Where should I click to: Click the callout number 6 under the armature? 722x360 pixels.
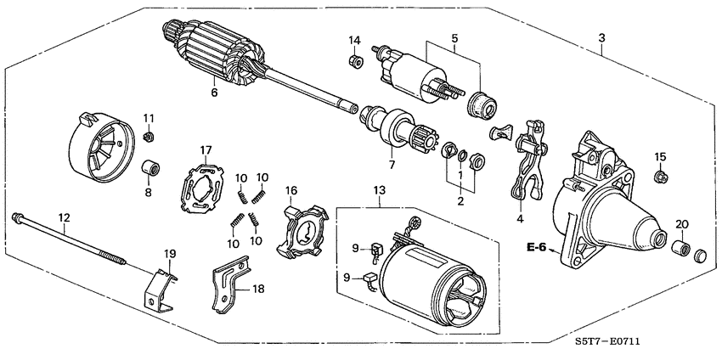[x=214, y=93]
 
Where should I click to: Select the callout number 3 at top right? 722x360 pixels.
[x=601, y=39]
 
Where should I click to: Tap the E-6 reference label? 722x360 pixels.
[x=536, y=249]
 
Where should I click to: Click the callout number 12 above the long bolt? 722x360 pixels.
[x=63, y=217]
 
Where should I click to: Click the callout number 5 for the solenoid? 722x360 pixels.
[x=454, y=38]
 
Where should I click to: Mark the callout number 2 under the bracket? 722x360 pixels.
[x=460, y=201]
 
